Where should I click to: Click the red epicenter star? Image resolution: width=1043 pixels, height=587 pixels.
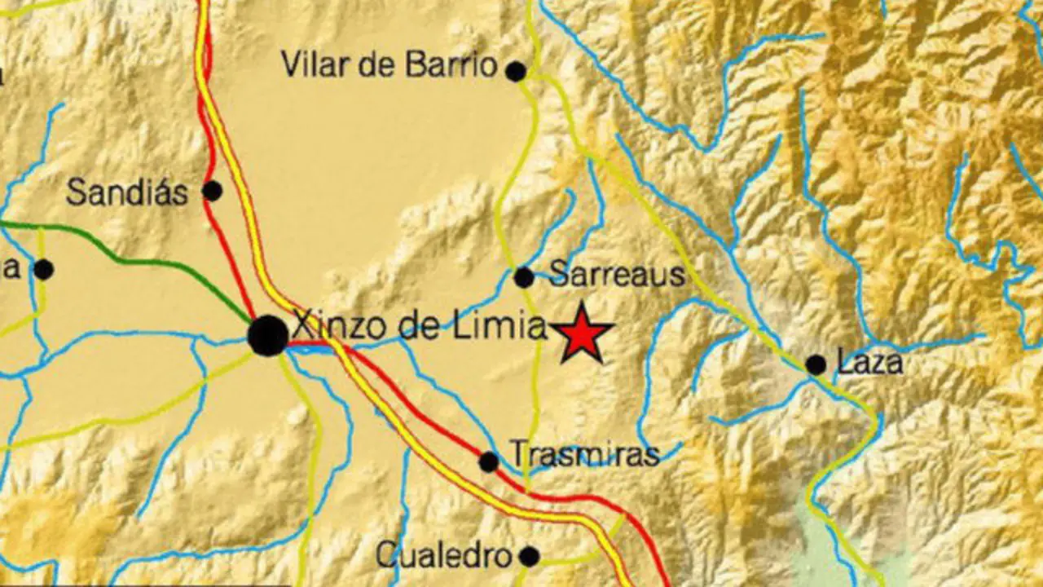582,333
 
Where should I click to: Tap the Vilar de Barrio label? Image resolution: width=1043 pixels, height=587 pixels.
389,64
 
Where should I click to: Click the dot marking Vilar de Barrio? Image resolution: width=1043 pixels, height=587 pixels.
516,72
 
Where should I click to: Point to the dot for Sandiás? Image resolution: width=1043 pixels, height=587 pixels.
212,191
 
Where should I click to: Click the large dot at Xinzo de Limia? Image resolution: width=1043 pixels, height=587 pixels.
267,335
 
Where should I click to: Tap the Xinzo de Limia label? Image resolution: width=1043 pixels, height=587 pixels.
419,326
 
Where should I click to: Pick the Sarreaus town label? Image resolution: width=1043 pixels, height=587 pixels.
617,275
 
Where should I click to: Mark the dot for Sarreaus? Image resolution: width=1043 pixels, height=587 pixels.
524,277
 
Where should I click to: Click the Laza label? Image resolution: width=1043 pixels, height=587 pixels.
869,362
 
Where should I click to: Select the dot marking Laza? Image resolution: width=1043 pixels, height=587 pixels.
816,364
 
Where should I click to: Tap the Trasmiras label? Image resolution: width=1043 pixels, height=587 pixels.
583,454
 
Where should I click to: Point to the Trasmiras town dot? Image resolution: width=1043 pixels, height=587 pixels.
488,462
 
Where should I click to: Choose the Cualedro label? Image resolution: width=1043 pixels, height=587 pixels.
444,556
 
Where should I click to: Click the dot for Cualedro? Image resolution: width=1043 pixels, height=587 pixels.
530,557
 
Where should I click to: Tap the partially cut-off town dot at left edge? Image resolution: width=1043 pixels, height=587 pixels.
43,269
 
